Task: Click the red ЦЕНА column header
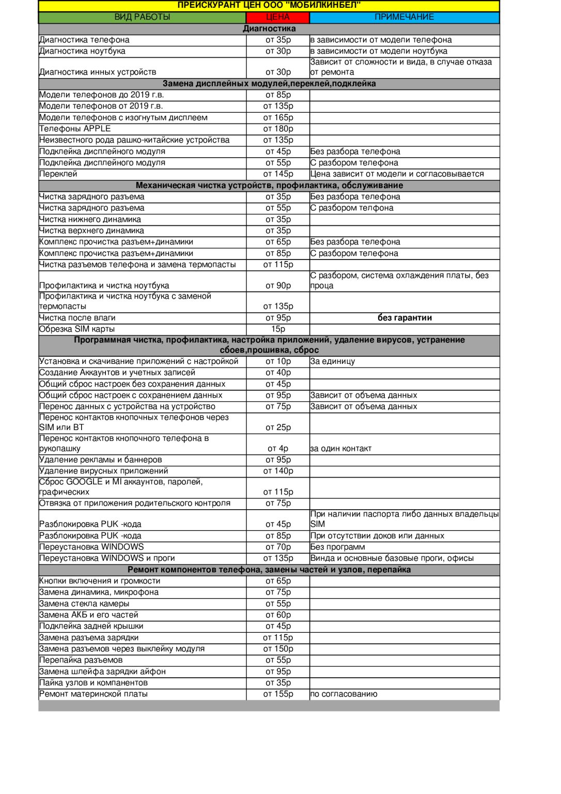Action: coord(278,17)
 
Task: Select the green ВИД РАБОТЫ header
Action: coord(142,17)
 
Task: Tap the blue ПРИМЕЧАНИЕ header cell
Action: coord(404,17)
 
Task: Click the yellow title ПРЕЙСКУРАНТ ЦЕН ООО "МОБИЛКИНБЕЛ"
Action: coord(269,5)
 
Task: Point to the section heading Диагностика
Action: coord(269,28)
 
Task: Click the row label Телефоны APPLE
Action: coord(75,129)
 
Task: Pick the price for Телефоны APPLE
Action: coord(278,129)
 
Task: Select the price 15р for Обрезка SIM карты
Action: coord(278,329)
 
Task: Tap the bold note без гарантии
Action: coord(404,318)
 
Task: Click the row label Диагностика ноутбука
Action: coord(82,51)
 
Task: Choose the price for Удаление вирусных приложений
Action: coord(278,471)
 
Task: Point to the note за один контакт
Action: coord(341,449)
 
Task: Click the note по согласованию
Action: coord(344,694)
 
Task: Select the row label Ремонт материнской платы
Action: coord(93,694)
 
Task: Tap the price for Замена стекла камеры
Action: coord(278,604)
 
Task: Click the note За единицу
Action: coord(333,361)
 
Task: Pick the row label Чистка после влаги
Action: coord(77,318)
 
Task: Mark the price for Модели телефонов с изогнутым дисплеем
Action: coord(278,117)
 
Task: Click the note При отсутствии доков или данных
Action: coord(377,536)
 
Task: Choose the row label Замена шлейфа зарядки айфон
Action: coord(102,671)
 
